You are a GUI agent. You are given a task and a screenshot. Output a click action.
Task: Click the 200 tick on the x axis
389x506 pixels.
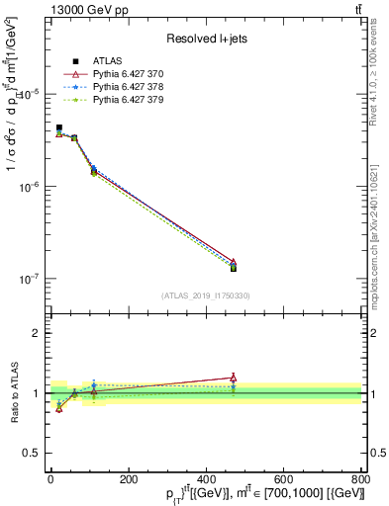[128, 479]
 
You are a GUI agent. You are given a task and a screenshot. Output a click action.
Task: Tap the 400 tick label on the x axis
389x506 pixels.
[205, 479]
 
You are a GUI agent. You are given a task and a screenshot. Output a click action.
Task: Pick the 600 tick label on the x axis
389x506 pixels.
[283, 479]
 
